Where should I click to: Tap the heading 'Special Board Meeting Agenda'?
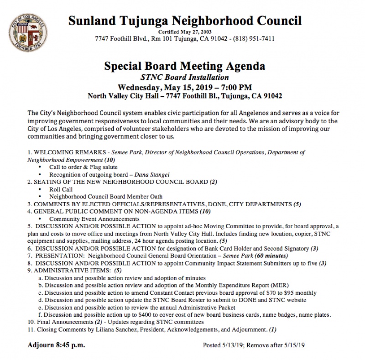(x=185, y=66)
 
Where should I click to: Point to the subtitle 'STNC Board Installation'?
(x=185, y=77)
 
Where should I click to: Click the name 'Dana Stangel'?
(x=152, y=175)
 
